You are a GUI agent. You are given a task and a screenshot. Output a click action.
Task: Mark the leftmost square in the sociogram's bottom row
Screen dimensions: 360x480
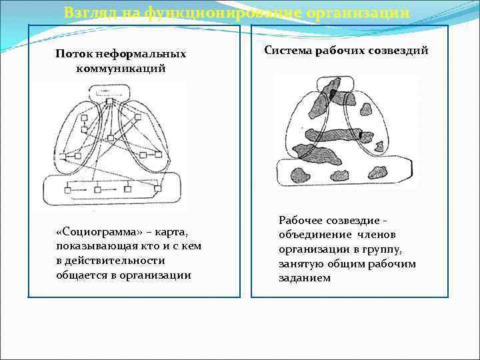click(67, 191)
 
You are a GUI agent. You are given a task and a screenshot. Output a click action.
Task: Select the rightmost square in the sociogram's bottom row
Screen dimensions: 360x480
click(157, 190)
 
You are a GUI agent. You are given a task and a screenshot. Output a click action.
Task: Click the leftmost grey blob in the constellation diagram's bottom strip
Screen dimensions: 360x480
click(298, 175)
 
